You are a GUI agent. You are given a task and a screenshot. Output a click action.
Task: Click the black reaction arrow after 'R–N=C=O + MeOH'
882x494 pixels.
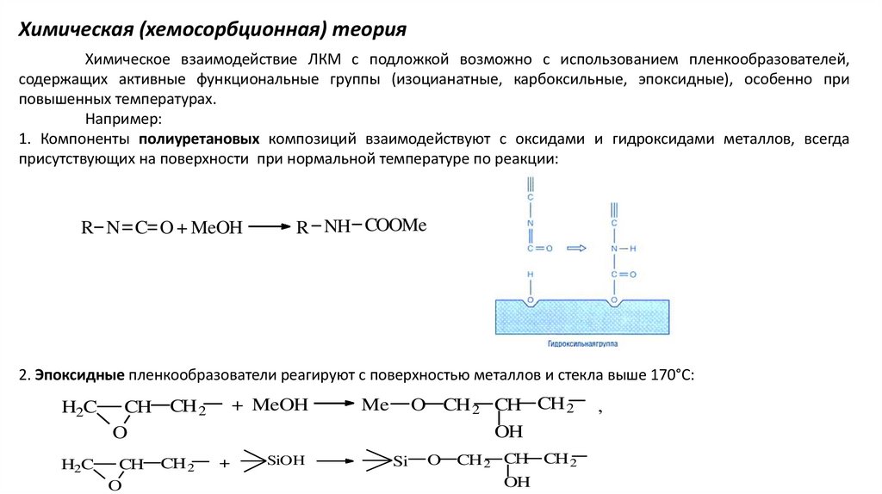click(270, 227)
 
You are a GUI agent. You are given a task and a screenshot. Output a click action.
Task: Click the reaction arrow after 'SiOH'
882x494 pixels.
click(335, 461)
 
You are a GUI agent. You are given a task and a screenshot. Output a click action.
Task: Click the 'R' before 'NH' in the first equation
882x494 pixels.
click(302, 228)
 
